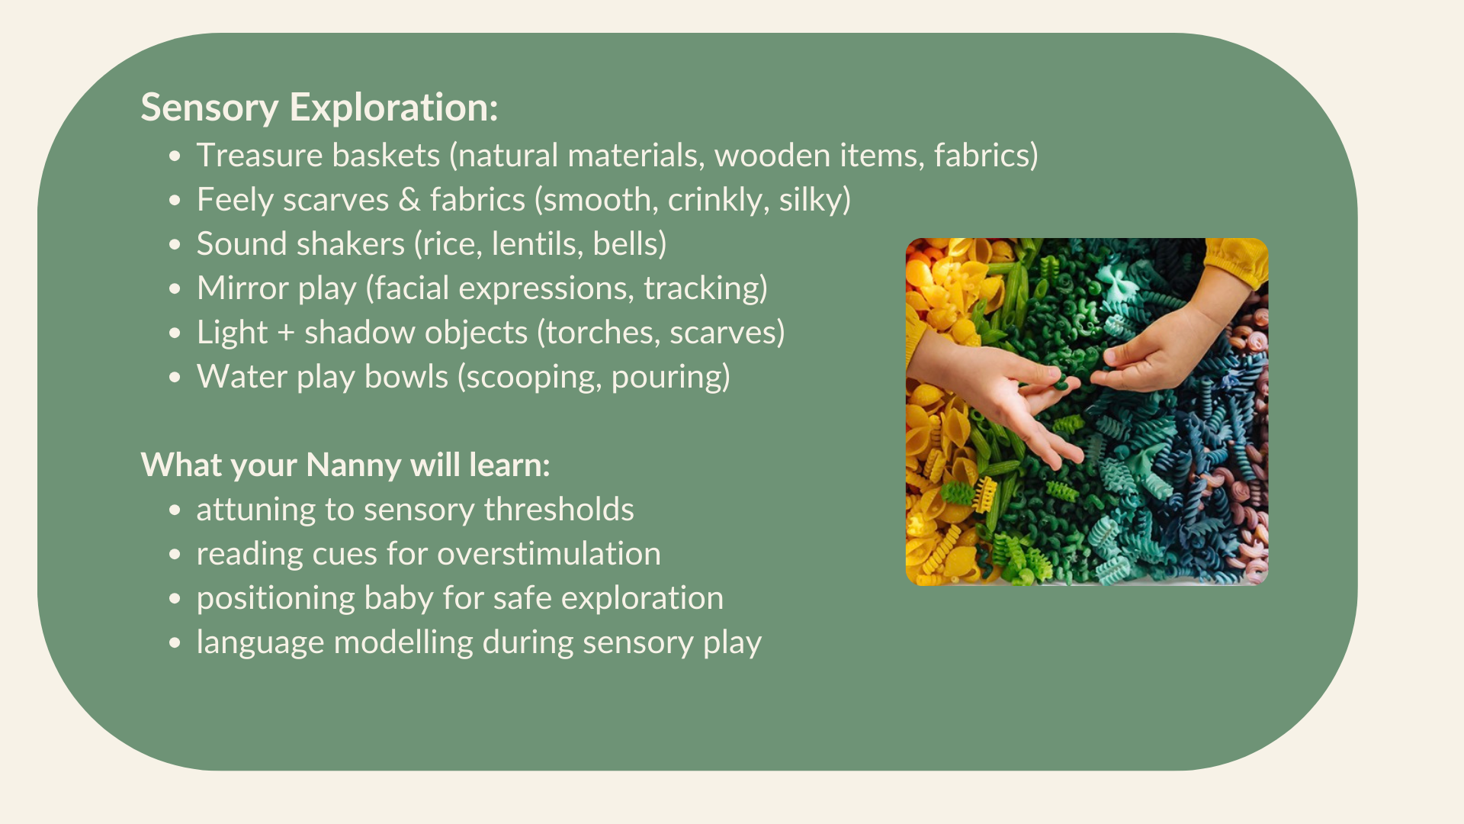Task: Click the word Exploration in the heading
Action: (393, 108)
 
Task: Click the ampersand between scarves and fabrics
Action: (409, 200)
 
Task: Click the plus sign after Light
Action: (286, 333)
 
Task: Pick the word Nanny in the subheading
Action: (354, 465)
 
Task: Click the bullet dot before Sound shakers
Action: (175, 245)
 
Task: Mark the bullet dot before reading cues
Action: (175, 555)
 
